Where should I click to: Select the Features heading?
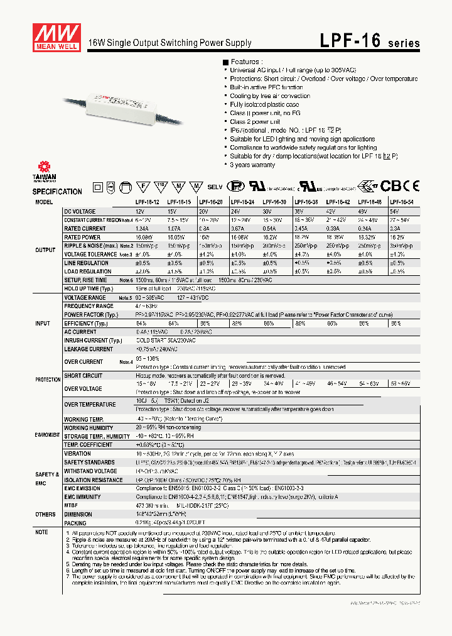click(245, 62)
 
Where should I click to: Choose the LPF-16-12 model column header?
click(148, 203)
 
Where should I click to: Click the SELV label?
click(216, 187)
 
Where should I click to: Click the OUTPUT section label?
click(45, 249)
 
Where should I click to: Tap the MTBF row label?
click(71, 505)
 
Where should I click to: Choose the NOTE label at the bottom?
click(41, 532)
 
